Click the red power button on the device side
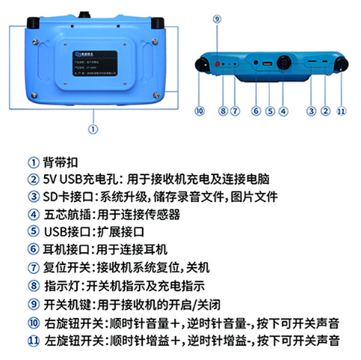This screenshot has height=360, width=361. pos(217,66)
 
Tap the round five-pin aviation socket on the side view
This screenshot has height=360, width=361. pos(285,63)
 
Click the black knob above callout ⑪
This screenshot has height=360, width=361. pos(342,64)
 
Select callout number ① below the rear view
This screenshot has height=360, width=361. pos(93,128)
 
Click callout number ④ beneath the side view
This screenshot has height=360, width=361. pos(283,111)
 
